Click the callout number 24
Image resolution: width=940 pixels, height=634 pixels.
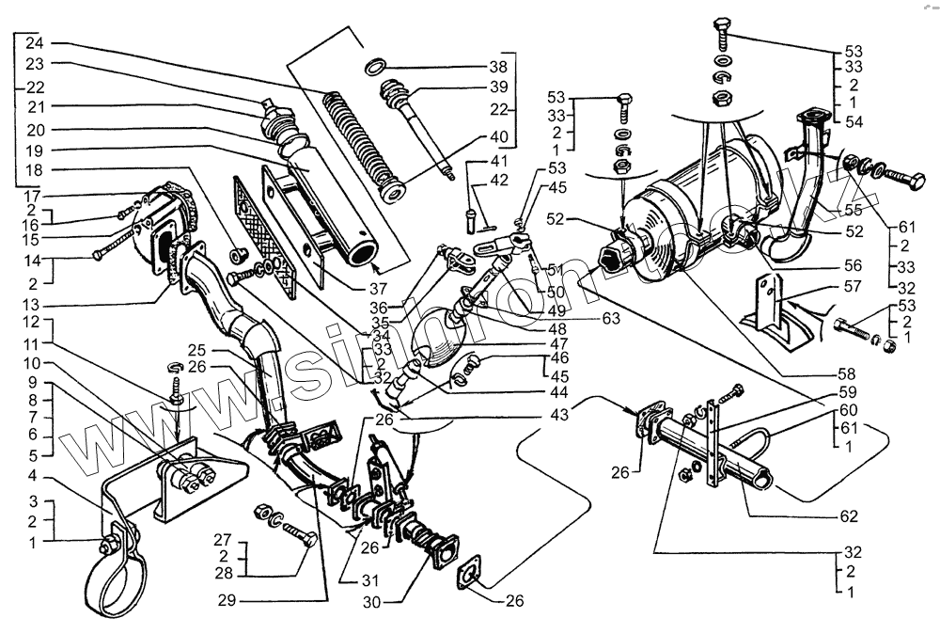pos(34,43)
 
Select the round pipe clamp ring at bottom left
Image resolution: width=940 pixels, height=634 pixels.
pos(115,583)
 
